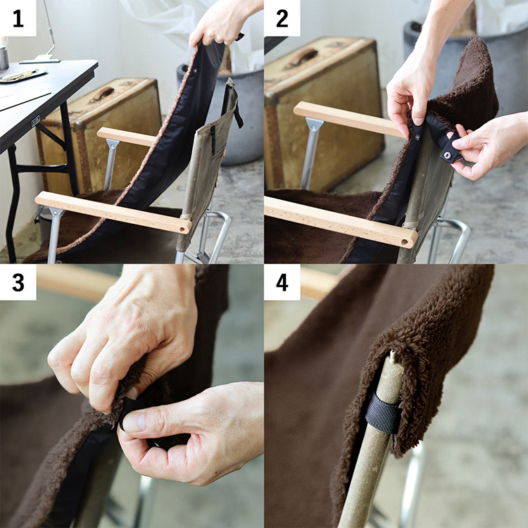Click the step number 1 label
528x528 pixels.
pos(18,18)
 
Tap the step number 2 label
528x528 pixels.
pos(282,18)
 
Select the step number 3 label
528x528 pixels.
pos(18,282)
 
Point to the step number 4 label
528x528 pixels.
pos(282,282)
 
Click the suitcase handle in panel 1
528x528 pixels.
pos(102,94)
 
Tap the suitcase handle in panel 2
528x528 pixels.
pos(303,56)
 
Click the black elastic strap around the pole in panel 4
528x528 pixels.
pos(382,412)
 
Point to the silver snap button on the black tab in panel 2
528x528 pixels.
pos(448,155)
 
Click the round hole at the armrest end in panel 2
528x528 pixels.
pos(404,242)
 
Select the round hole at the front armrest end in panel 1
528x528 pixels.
pos(184,230)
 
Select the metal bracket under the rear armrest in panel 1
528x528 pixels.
pos(113,144)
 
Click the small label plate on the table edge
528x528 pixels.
pos(36,121)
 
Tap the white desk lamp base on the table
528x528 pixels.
pos(39,61)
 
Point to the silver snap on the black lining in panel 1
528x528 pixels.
pos(196,71)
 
